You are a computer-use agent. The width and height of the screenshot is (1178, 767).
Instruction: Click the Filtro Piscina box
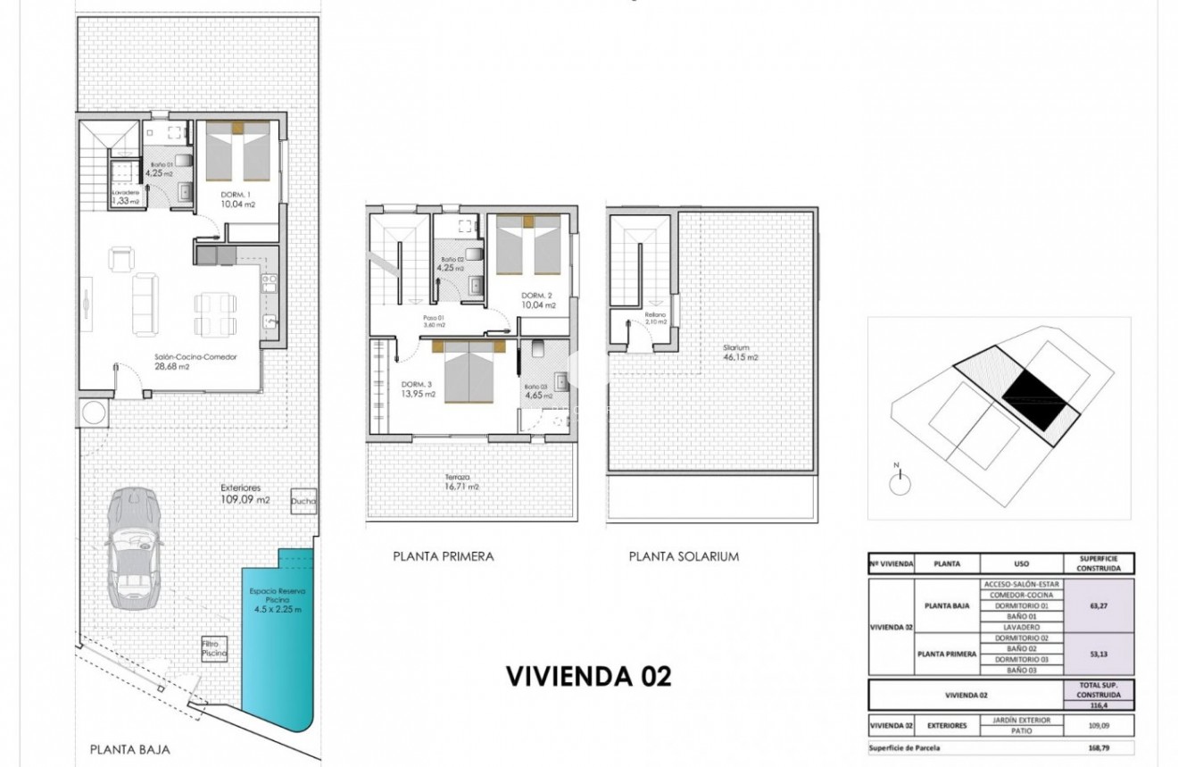tap(214, 648)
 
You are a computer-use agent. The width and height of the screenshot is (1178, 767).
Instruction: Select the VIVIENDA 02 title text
tap(588, 676)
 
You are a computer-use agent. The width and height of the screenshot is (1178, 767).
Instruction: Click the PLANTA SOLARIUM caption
tap(684, 556)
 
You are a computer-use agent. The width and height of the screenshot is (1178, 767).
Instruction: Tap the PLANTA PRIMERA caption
tap(443, 556)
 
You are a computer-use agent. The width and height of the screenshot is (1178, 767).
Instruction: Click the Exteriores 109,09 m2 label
tap(245, 494)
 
